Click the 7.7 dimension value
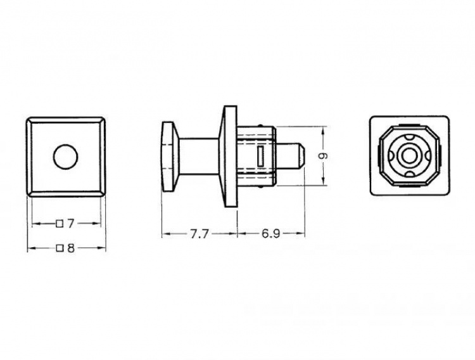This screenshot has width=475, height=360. (x=199, y=234)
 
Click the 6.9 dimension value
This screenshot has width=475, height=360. (x=270, y=234)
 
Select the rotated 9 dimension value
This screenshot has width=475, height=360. (x=324, y=156)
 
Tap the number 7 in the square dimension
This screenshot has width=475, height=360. (x=70, y=224)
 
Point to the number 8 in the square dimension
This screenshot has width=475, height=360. (x=70, y=248)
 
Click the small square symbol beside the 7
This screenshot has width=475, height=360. (x=60, y=224)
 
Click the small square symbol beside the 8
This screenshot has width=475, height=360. (x=60, y=248)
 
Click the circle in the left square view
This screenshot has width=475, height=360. (x=66, y=157)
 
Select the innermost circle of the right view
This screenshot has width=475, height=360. (x=409, y=155)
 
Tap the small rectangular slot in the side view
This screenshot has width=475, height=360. (x=260, y=155)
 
